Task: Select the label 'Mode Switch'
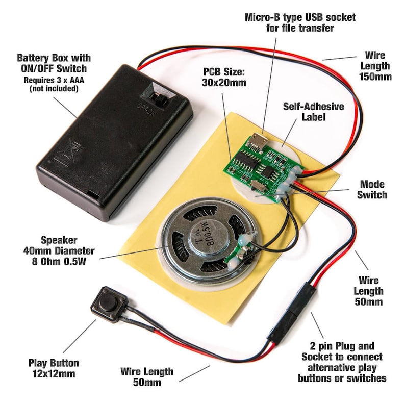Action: pyautogui.click(x=372, y=189)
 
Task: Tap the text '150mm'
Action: pyautogui.click(x=374, y=77)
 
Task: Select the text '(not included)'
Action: pyautogui.click(x=54, y=88)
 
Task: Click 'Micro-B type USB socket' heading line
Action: pyautogui.click(x=300, y=17)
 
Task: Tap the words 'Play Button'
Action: pyautogui.click(x=54, y=363)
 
